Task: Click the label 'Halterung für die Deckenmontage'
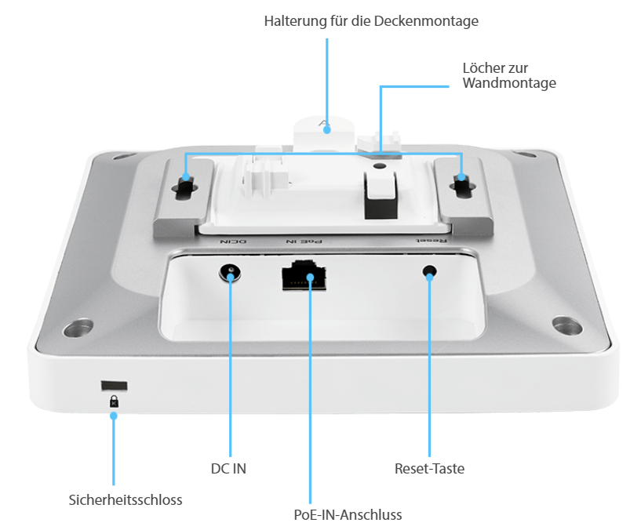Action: [371, 21]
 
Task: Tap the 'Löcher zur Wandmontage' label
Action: [509, 75]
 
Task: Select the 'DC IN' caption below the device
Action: [228, 468]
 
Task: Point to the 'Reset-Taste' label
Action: [429, 468]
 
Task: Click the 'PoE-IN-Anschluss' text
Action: [348, 514]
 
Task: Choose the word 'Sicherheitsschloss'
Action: [126, 499]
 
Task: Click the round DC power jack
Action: [230, 273]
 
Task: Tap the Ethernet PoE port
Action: [304, 275]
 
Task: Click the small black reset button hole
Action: [429, 271]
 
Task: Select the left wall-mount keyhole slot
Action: [185, 188]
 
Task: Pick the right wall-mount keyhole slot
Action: [462, 187]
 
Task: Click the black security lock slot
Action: [114, 386]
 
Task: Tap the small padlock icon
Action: [114, 401]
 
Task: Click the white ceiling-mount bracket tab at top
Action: [325, 132]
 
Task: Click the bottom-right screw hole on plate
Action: [567, 325]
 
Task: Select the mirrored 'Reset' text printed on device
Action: [432, 241]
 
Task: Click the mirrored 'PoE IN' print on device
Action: [304, 242]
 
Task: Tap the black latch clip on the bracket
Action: [381, 195]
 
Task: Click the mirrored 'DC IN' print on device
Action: [233, 242]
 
